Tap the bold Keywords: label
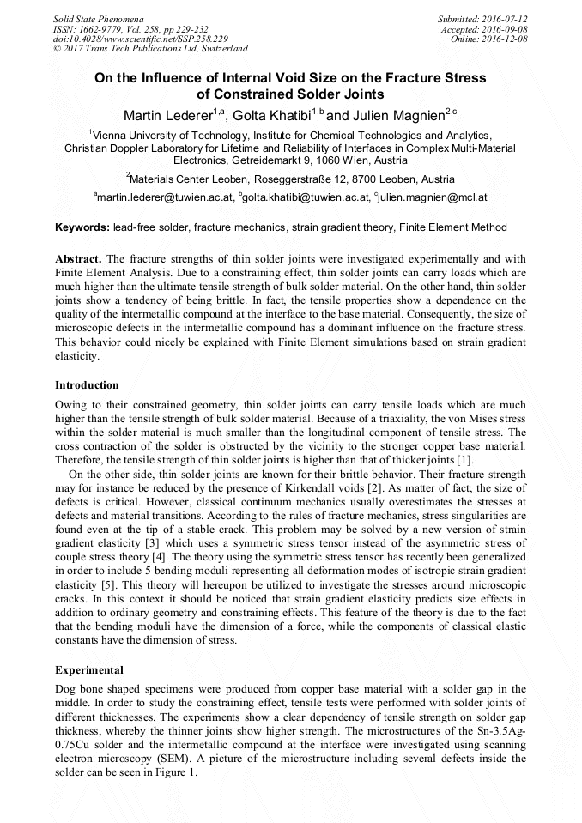pos(82,227)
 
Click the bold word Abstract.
pos(78,258)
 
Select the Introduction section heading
pos(87,385)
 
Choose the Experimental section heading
pos(89,670)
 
